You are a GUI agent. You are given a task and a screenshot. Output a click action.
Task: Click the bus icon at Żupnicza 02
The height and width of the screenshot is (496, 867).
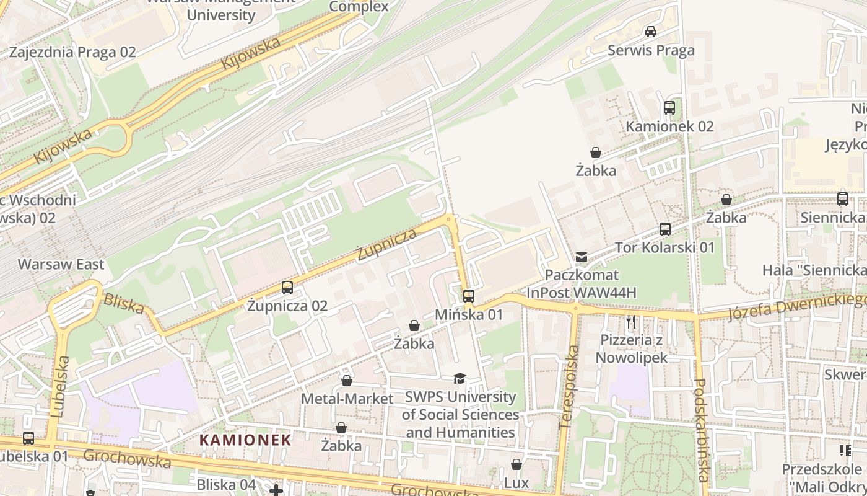[287, 288]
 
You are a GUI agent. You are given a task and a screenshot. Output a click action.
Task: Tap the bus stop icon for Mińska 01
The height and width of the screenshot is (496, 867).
[469, 296]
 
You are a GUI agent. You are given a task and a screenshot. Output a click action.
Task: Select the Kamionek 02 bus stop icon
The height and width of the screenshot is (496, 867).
[669, 108]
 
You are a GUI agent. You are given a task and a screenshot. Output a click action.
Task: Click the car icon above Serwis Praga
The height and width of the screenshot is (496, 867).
[651, 32]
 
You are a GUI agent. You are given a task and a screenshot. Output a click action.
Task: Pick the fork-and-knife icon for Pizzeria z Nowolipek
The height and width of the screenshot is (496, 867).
[631, 322]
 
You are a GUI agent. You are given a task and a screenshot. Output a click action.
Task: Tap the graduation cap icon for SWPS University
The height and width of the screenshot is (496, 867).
[460, 379]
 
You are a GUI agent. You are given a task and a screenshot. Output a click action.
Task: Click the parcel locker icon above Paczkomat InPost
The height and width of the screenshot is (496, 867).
[582, 257]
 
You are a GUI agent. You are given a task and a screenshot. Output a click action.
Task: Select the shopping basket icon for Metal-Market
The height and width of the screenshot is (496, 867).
[347, 381]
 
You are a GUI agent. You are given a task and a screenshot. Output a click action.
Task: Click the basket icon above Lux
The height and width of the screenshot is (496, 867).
[516, 464]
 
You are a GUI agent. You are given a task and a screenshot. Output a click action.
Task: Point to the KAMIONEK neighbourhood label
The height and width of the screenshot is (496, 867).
[245, 440]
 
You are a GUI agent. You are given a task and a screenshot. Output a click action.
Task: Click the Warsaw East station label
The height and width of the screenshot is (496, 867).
[61, 265]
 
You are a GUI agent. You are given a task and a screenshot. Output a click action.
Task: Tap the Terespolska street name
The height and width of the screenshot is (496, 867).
[568, 387]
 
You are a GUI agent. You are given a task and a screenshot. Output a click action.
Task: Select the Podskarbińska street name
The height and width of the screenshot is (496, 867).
[701, 430]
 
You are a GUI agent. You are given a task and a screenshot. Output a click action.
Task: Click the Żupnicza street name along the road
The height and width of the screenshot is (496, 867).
[386, 244]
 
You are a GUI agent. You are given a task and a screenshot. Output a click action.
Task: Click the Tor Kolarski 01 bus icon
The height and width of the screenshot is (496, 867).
[665, 229]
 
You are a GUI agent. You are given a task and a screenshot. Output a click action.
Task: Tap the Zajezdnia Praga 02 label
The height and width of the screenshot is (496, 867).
[72, 52]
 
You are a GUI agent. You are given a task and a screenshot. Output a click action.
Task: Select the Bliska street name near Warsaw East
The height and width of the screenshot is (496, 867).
[123, 304]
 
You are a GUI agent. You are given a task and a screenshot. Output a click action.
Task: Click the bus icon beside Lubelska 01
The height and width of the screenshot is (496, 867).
[28, 438]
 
